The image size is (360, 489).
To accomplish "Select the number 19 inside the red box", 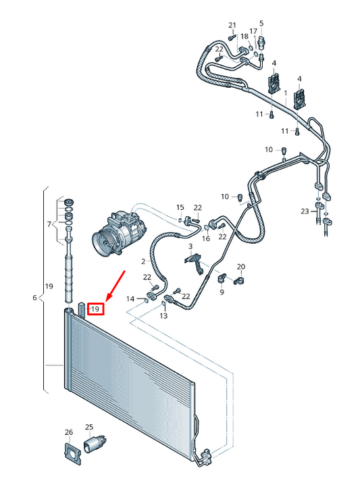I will pyautogui.click(x=95, y=309).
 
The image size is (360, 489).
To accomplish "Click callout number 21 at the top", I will pyautogui.click(x=232, y=26).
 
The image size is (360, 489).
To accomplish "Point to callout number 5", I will pyautogui.click(x=261, y=24).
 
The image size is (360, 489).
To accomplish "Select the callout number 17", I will pyautogui.click(x=253, y=31).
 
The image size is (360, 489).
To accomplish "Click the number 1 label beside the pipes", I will pyautogui.click(x=286, y=93).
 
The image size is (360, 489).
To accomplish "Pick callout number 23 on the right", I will pyautogui.click(x=305, y=211).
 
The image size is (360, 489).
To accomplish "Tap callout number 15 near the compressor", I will pyautogui.click(x=180, y=207).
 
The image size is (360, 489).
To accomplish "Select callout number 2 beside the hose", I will pyautogui.click(x=143, y=261).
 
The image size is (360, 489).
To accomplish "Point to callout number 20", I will pyautogui.click(x=241, y=267).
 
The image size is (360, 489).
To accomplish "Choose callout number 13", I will pyautogui.click(x=163, y=315).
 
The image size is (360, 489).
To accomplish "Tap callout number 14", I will pyautogui.click(x=131, y=298).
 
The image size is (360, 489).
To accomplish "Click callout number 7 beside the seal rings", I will pyautogui.click(x=49, y=224).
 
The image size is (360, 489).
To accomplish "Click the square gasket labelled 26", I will pyautogui.click(x=68, y=453).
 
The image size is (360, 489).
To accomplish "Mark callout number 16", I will pyautogui.click(x=206, y=238).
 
